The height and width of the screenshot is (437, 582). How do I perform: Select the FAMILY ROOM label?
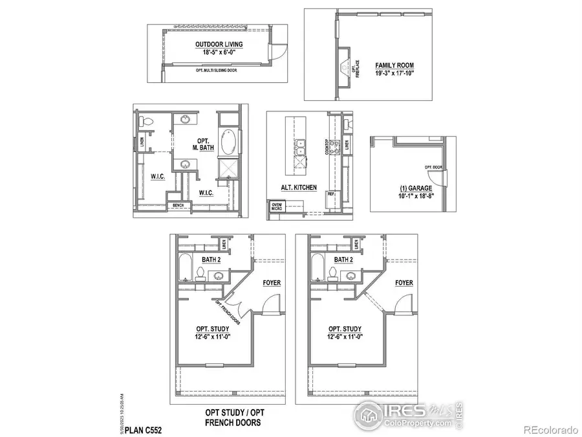pyautogui.click(x=394, y=65)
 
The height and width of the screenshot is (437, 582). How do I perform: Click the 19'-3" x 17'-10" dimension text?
pyautogui.click(x=394, y=74)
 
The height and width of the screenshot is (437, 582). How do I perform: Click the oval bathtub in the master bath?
pyautogui.click(x=228, y=141)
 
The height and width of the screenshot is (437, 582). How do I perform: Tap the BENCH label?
pyautogui.click(x=176, y=207)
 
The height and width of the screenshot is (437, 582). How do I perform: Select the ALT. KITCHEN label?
pyautogui.click(x=298, y=187)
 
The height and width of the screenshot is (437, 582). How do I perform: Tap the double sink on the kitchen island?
pyautogui.click(x=300, y=148)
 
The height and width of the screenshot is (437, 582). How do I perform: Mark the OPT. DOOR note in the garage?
pyautogui.click(x=432, y=167)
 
